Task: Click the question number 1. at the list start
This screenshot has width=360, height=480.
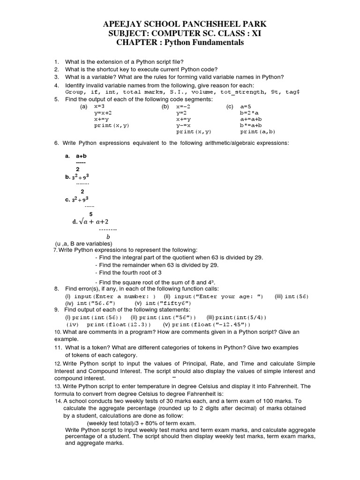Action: click(x=56, y=62)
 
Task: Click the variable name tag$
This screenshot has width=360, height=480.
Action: click(x=292, y=92)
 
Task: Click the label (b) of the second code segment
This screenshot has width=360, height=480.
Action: click(x=165, y=107)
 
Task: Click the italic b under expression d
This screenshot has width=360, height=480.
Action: click(x=108, y=237)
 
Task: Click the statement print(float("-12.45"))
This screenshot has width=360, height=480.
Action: click(x=211, y=324)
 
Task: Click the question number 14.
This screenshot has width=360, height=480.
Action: click(x=59, y=401)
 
